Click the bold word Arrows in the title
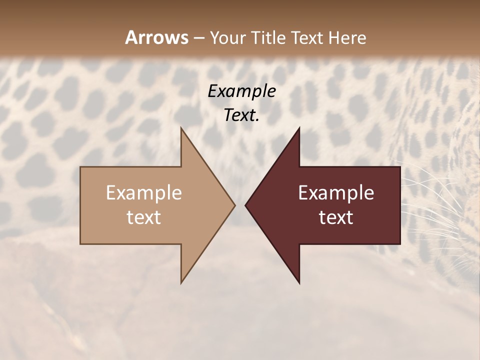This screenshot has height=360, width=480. (156, 37)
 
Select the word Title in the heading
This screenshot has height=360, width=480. (268, 38)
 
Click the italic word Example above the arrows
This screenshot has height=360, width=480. (242, 91)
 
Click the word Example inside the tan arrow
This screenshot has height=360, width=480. (144, 193)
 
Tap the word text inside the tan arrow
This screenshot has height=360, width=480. (144, 217)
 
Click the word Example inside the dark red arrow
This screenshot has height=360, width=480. (336, 193)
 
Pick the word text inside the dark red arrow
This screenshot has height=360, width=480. (336, 217)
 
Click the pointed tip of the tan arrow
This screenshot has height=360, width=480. (234, 205)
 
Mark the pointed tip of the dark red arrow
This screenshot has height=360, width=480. (246, 205)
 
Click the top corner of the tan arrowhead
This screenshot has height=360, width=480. (181, 128)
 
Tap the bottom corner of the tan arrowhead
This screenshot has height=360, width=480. (181, 282)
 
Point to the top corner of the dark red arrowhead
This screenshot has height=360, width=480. (299, 128)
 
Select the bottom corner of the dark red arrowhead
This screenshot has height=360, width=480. (299, 282)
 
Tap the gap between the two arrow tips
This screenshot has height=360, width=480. (240, 205)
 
